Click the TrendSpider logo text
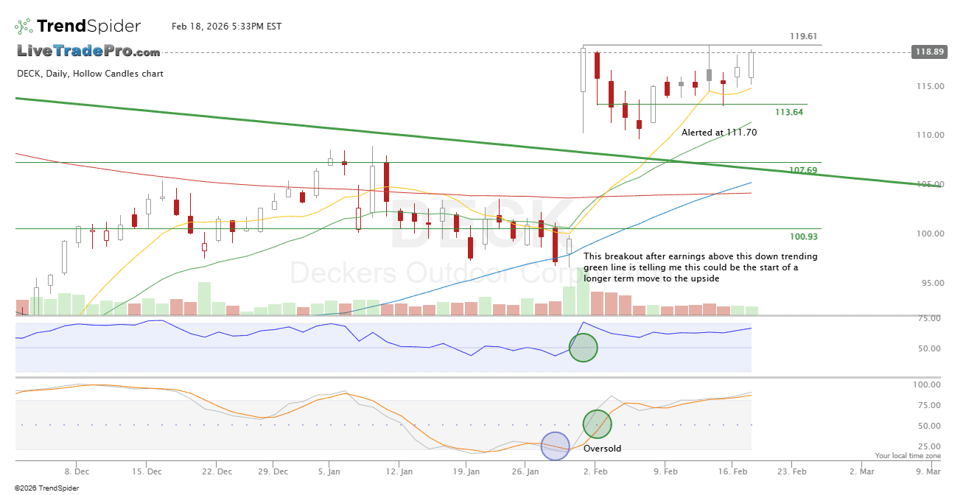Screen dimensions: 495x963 (88, 27)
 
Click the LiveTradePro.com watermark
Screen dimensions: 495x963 (88, 52)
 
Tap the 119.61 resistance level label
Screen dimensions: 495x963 (803, 36)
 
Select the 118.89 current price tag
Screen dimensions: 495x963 (928, 52)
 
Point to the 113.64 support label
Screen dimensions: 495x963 (789, 112)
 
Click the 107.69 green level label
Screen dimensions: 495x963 (803, 170)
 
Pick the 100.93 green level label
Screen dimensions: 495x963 (803, 236)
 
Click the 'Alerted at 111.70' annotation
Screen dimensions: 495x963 (718, 133)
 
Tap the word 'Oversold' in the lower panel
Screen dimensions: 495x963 (602, 448)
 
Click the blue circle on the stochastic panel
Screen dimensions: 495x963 (556, 446)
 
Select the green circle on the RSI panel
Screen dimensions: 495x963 (583, 348)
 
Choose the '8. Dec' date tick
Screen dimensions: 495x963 (77, 470)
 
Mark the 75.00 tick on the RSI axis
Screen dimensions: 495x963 (927, 318)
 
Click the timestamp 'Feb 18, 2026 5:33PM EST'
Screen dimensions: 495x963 (226, 27)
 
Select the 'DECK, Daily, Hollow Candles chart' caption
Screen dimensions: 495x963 (90, 74)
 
